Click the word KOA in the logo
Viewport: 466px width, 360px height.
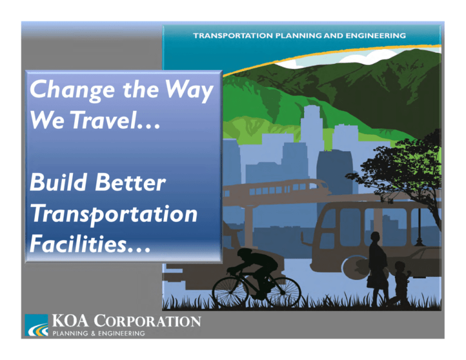point(68,321)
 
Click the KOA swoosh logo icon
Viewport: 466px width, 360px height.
point(36,326)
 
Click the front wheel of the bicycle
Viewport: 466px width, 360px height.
point(282,292)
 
